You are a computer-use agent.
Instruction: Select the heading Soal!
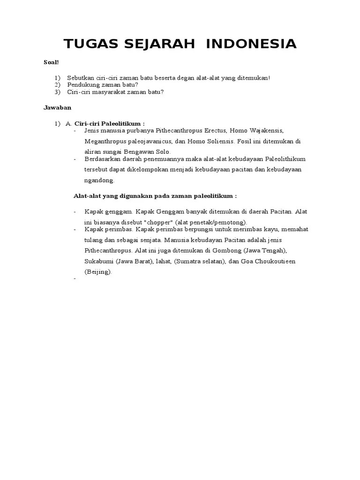click(x=51, y=62)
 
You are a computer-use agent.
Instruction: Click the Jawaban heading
click(x=57, y=107)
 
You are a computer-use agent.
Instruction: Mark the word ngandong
click(x=99, y=180)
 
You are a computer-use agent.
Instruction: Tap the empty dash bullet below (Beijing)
click(x=75, y=279)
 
